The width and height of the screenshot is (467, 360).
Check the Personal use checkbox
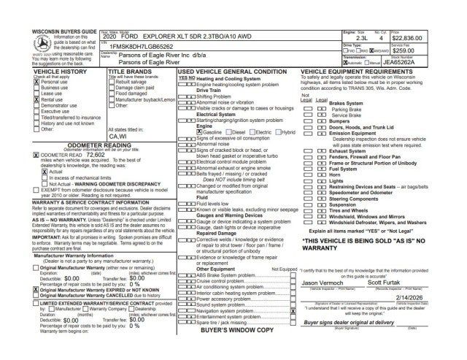pos(35,83)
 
